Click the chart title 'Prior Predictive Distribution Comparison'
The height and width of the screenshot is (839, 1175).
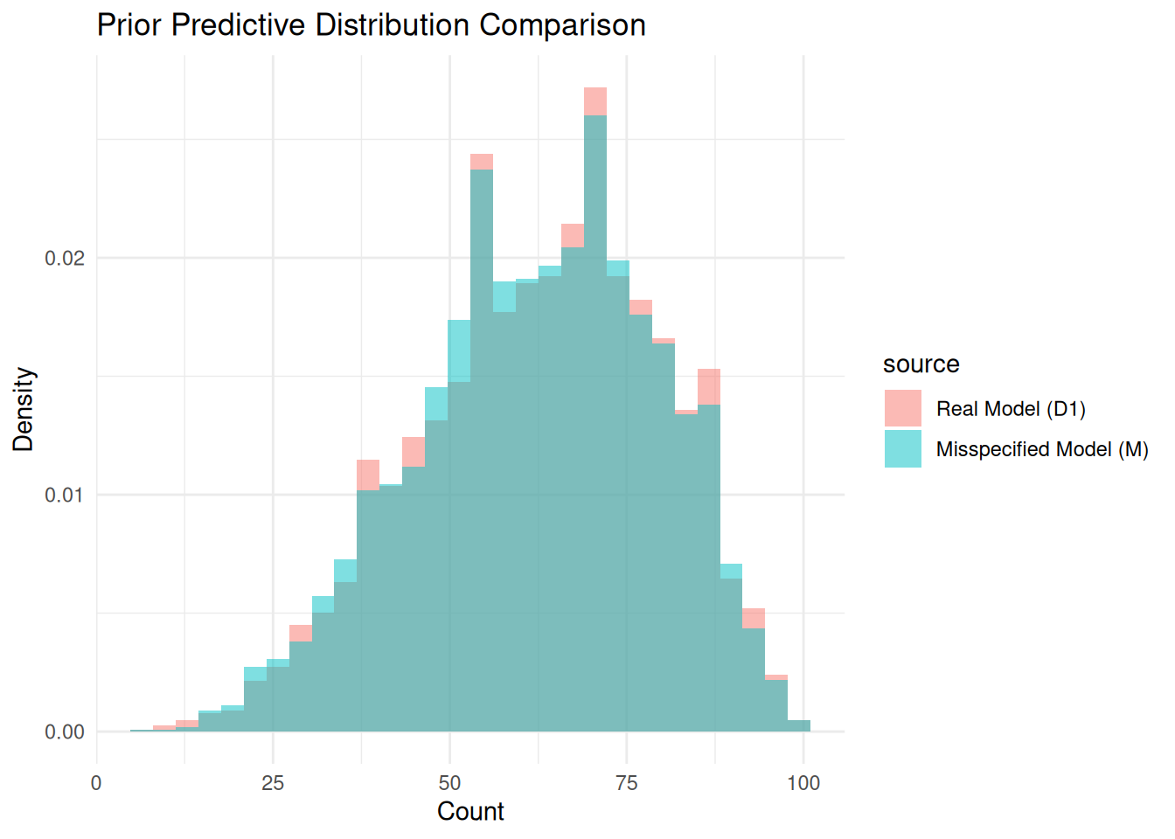pyautogui.click(x=371, y=25)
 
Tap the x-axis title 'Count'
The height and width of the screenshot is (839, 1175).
pyautogui.click(x=470, y=812)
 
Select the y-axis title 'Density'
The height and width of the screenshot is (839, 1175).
pyautogui.click(x=24, y=409)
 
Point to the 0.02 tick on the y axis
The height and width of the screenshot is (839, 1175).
pyautogui.click(x=65, y=259)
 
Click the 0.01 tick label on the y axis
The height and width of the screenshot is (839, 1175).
pyautogui.click(x=65, y=496)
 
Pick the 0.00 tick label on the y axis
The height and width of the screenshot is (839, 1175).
pyautogui.click(x=65, y=732)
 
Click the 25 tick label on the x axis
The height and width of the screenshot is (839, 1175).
pyautogui.click(x=273, y=783)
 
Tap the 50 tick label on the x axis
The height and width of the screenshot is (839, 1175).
pyautogui.click(x=449, y=783)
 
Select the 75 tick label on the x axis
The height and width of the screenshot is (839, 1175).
pyautogui.click(x=626, y=783)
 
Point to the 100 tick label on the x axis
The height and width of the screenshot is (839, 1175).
pyautogui.click(x=803, y=783)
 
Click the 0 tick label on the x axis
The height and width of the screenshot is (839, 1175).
pyautogui.click(x=96, y=783)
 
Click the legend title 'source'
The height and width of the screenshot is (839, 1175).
pyautogui.click(x=921, y=364)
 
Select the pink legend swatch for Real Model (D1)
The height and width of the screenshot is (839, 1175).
pyautogui.click(x=902, y=408)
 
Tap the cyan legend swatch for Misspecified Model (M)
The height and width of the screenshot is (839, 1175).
pyautogui.click(x=902, y=448)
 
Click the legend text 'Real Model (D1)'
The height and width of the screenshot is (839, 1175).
pyautogui.click(x=1011, y=409)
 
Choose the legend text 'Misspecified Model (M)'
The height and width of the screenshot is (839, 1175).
pyautogui.click(x=1042, y=449)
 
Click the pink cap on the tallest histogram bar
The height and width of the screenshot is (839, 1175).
pyautogui.click(x=595, y=101)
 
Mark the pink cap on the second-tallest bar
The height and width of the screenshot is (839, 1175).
pyautogui.click(x=482, y=162)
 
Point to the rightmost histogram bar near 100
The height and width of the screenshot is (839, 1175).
pyautogui.click(x=799, y=726)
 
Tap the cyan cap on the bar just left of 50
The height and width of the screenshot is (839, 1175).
pyautogui.click(x=436, y=404)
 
